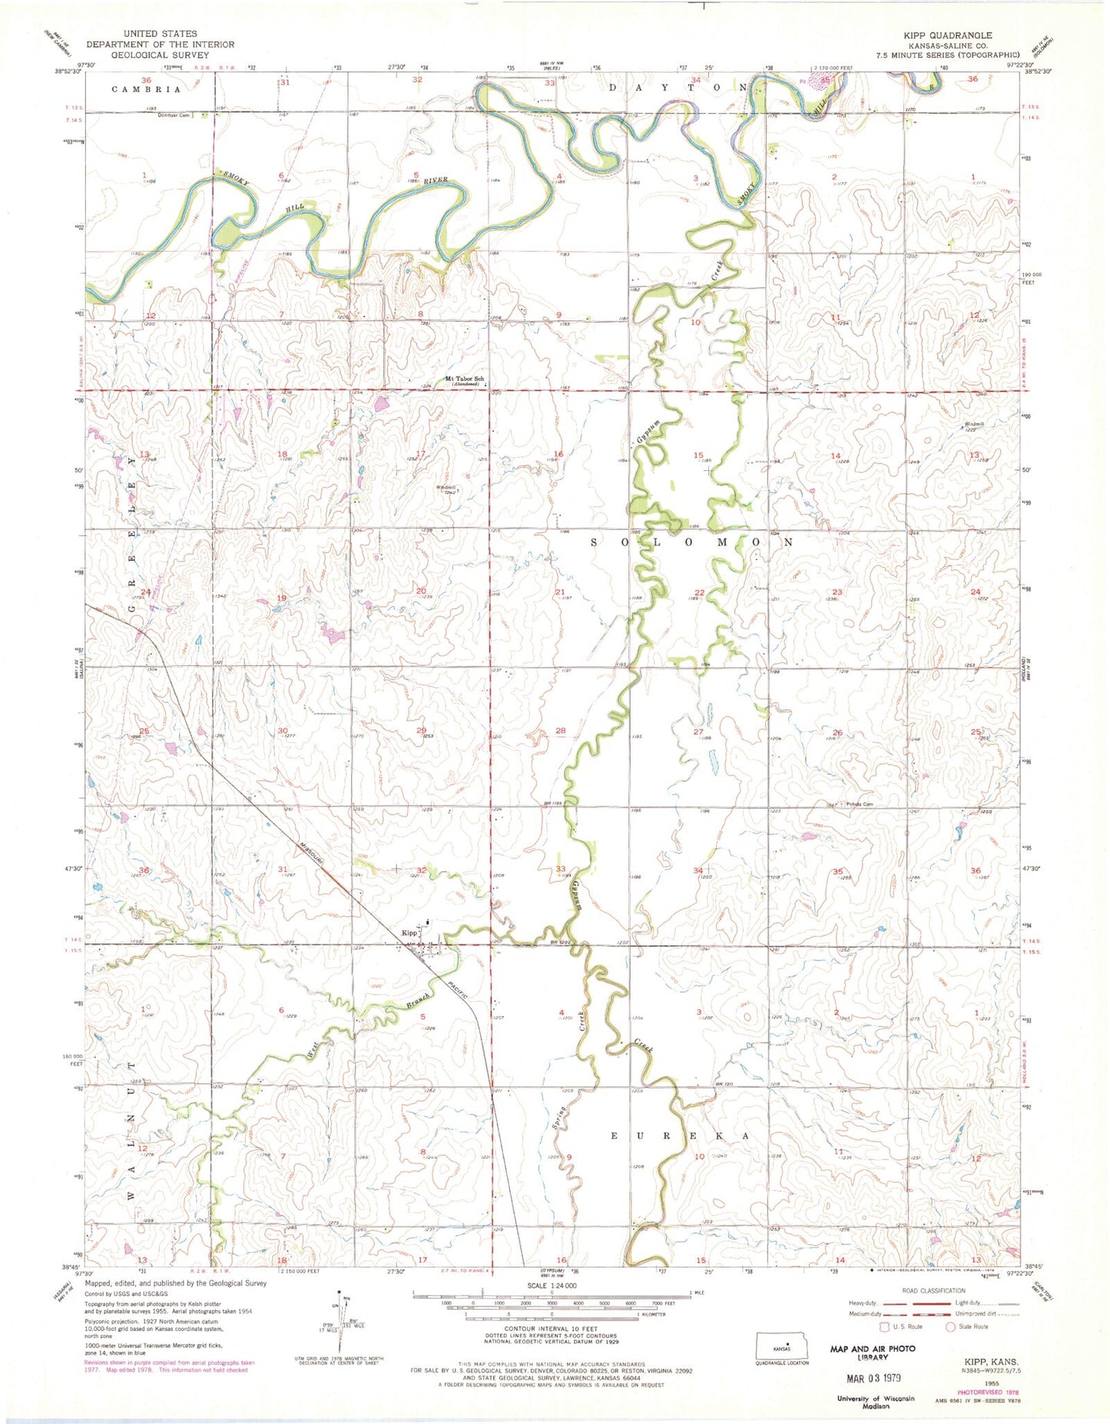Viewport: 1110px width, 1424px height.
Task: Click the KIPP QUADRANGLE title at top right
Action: point(949,35)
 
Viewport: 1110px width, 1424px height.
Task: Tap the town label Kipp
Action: point(409,933)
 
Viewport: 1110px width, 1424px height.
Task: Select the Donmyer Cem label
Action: point(174,115)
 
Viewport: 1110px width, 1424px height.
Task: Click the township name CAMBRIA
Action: point(146,89)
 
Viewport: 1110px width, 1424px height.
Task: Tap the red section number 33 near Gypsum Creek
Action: point(560,869)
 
